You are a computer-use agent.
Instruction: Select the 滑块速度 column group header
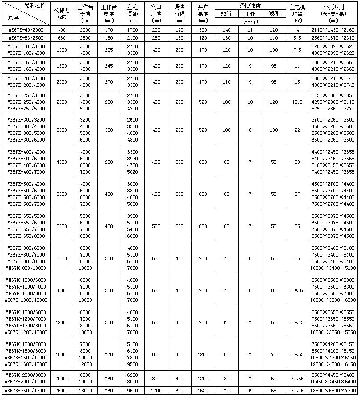(x=250, y=6)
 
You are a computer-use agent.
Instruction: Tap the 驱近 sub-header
(x=226, y=14)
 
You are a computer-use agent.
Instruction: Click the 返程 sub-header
(x=274, y=14)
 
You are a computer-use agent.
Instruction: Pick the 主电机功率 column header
(x=297, y=11)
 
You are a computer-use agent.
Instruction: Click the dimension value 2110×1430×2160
(x=333, y=29)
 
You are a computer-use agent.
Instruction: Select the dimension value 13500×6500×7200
(x=333, y=391)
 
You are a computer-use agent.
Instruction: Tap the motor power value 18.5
(x=297, y=102)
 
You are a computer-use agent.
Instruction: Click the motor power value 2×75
(x=297, y=391)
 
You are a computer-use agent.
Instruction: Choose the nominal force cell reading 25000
(x=62, y=391)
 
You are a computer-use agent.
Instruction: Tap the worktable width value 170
(x=109, y=29)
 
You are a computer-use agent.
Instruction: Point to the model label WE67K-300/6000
(x=26, y=140)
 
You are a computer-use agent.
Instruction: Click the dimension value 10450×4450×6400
(x=333, y=382)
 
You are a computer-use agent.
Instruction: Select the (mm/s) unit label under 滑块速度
(x=250, y=21)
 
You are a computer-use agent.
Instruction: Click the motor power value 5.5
(x=297, y=38)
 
